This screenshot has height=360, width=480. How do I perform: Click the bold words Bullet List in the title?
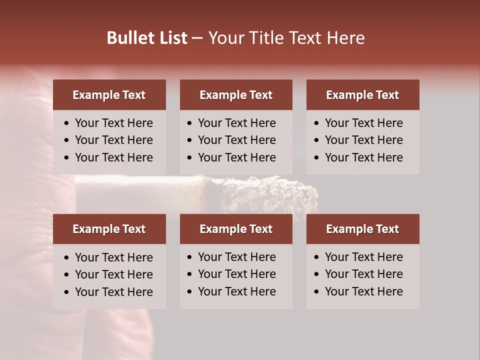tap(147, 38)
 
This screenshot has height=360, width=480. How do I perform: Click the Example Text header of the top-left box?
tap(109, 95)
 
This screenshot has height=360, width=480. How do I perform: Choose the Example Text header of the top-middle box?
tap(236, 95)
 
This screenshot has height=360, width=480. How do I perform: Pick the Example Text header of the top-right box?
tap(362, 95)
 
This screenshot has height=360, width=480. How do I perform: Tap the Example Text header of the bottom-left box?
tap(109, 229)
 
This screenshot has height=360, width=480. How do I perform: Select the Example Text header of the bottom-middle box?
tap(236, 229)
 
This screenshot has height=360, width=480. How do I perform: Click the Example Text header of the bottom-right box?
tap(362, 229)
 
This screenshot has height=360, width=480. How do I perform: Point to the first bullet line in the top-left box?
tap(114, 123)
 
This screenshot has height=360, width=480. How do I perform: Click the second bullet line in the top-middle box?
tap(237, 140)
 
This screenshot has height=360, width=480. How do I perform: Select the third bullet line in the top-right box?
tap(364, 157)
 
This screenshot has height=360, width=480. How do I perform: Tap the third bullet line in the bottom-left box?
tap(114, 292)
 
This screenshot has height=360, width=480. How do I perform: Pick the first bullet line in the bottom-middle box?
tap(237, 257)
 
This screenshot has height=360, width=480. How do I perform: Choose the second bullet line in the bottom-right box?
tap(364, 274)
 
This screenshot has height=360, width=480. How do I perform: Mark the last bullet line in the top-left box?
tap(114, 157)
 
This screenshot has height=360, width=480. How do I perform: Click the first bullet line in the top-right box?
tap(364, 123)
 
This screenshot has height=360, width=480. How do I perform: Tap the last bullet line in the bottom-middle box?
tap(237, 291)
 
